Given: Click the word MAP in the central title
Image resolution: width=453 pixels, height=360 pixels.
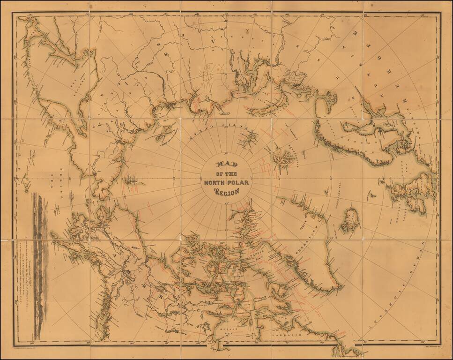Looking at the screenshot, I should point(226,165).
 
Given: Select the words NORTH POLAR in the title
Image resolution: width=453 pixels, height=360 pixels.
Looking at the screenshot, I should point(226,182).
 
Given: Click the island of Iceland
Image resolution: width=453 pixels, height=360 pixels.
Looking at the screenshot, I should point(349,221).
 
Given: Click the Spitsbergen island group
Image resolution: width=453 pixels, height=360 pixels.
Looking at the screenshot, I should point(284,157).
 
